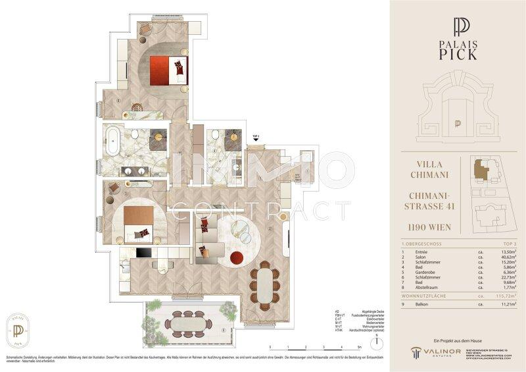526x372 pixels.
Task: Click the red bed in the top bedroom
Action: pyautogui.click(x=168, y=70)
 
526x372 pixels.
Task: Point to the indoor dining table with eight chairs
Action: pyautogui.click(x=264, y=285)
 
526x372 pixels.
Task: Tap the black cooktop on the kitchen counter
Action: pyautogui.click(x=143, y=253)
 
